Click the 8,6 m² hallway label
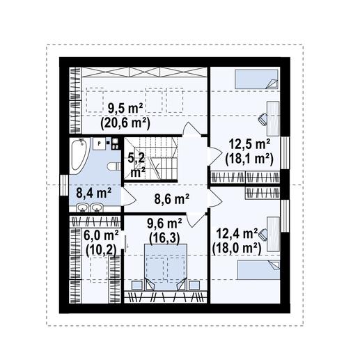coord(171,200)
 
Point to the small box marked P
coord(100,143)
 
